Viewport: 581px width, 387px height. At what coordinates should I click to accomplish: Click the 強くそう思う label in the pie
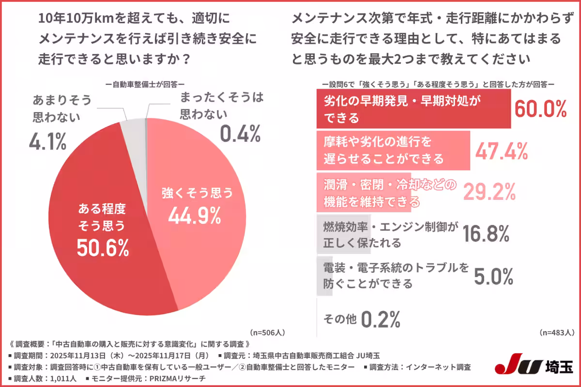tap(197, 193)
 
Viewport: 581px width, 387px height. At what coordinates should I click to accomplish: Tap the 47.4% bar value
tap(501, 151)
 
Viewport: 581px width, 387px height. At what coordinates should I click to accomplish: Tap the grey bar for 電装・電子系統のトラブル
tap(321, 276)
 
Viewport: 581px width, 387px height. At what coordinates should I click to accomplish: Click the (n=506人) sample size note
tap(267, 333)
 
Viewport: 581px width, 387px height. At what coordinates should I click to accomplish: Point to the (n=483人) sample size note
tap(557, 333)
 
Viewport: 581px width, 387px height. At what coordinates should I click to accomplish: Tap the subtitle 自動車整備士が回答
tap(145, 84)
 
